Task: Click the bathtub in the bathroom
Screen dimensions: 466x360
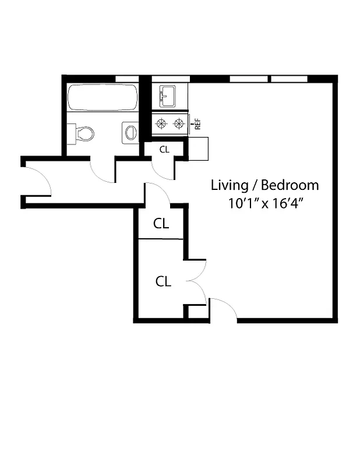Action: tap(103, 97)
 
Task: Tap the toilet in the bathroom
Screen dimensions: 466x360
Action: tap(83, 133)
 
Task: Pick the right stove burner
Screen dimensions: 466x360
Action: tap(177, 123)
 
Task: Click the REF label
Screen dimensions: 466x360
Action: tap(197, 123)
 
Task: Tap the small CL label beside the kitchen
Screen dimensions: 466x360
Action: tap(164, 149)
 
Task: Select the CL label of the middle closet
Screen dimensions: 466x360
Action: tap(161, 223)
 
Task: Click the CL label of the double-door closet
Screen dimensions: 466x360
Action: tap(163, 281)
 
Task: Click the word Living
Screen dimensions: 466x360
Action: tap(228, 185)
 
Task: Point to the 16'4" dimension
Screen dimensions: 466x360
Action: tap(287, 204)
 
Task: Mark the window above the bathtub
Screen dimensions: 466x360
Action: tap(127, 79)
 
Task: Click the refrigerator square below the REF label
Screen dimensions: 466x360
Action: tap(198, 149)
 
